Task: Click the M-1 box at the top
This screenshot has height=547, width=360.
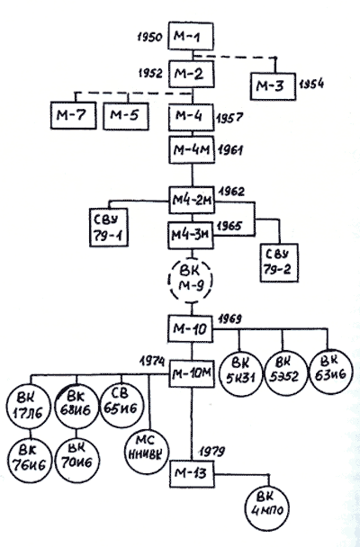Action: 191,36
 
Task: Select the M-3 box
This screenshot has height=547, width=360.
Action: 273,86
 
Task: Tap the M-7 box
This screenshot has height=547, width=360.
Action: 73,115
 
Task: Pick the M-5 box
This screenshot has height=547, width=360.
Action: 126,115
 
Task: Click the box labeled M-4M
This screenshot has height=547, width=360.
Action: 192,150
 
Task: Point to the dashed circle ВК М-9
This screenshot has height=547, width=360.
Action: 190,281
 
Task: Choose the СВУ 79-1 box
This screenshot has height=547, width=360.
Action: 109,228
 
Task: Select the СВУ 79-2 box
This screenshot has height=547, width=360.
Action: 279,263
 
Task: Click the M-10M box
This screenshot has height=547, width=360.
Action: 192,374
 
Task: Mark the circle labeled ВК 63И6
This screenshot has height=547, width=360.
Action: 329,372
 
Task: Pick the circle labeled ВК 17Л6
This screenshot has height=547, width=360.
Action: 28,408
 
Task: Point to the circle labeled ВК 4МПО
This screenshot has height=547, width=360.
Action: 267,509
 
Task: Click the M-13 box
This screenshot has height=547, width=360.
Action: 192,474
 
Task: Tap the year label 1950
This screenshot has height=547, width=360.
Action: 150,37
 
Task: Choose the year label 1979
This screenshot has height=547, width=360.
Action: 212,451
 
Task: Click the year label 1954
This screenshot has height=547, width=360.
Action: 311,84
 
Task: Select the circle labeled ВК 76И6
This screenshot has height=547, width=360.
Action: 30,461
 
